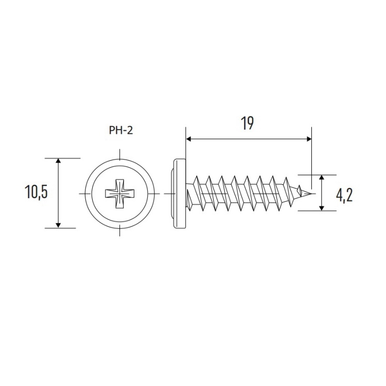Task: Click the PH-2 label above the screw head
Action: pyautogui.click(x=121, y=130)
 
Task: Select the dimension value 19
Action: pyautogui.click(x=247, y=124)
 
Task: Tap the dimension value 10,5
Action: pyautogui.click(x=36, y=192)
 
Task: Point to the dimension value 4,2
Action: pyautogui.click(x=344, y=196)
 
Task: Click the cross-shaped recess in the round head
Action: pyautogui.click(x=119, y=194)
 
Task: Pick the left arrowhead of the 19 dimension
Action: pyautogui.click(x=188, y=139)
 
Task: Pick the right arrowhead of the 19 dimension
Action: pyautogui.click(x=309, y=139)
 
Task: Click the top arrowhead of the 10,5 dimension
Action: pyautogui.click(x=58, y=161)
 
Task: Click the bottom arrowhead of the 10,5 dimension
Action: pyautogui.click(x=58, y=225)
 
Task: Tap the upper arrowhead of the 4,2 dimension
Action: pyautogui.click(x=321, y=178)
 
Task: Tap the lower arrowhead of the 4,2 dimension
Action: pyautogui.click(x=321, y=208)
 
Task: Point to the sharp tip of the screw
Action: pyautogui.click(x=312, y=194)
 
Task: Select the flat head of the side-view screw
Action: pyautogui.click(x=180, y=194)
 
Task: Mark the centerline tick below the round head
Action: pyautogui.click(x=119, y=231)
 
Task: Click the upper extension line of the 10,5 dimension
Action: pyautogui.click(x=62, y=158)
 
